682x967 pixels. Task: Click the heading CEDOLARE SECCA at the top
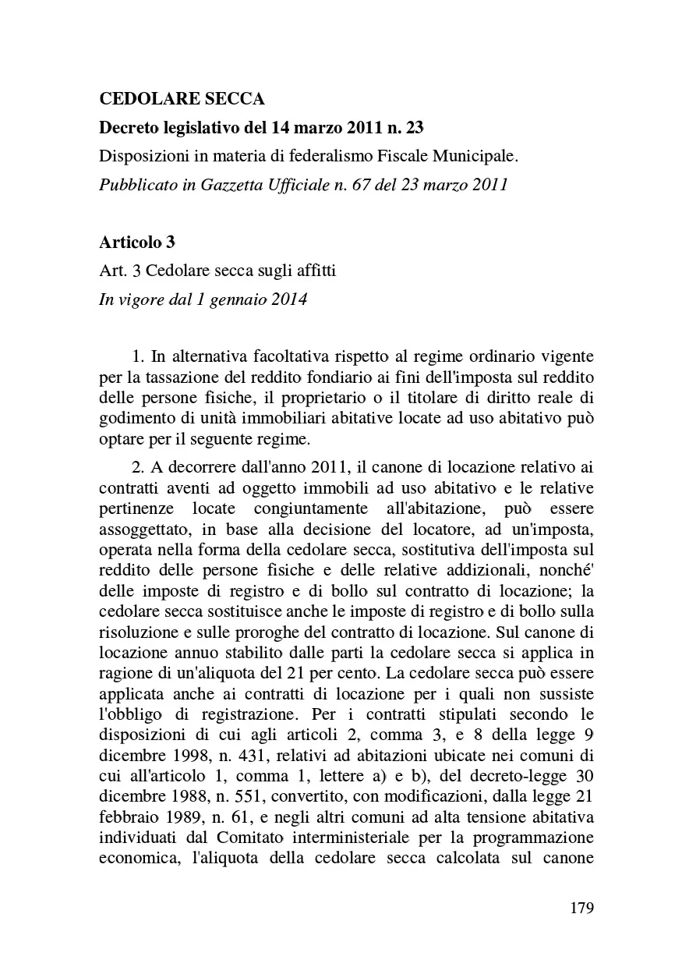click(x=182, y=99)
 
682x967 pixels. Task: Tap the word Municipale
click(x=477, y=156)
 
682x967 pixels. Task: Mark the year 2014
click(x=288, y=299)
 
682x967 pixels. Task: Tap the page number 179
click(x=581, y=908)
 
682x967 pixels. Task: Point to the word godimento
click(x=136, y=418)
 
